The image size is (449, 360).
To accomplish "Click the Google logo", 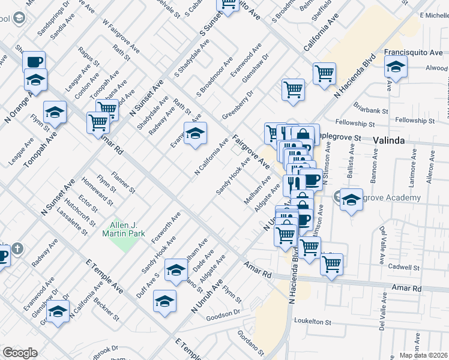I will (20, 353).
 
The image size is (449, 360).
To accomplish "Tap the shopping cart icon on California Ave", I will (324, 73).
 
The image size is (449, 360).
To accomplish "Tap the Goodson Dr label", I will (223, 313).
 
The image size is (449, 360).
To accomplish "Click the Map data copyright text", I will (424, 355).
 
